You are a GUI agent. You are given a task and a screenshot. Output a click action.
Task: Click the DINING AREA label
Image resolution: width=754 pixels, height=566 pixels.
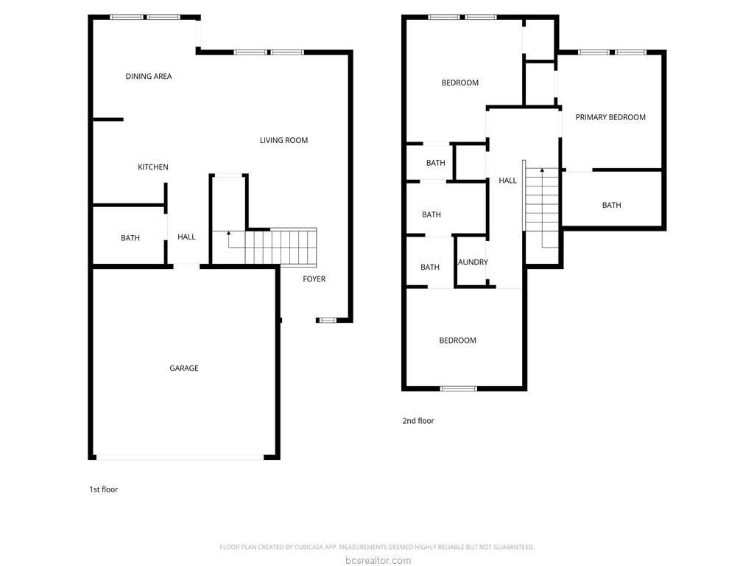click(149, 76)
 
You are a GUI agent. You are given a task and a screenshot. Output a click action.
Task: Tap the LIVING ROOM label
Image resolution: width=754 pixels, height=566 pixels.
click(283, 140)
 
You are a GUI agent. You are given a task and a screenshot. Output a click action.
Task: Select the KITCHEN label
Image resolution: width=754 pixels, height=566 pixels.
click(153, 167)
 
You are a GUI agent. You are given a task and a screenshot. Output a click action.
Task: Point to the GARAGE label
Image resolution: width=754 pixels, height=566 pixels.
click(183, 368)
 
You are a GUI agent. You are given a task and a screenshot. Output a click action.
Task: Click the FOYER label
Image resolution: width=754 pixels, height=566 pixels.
click(314, 279)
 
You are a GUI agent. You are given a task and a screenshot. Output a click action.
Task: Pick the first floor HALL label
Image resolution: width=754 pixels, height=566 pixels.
click(186, 237)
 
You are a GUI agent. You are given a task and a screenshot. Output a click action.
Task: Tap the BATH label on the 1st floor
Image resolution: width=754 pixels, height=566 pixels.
click(130, 238)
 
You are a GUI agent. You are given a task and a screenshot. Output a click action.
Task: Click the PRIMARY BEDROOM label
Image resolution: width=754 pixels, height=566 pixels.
click(610, 117)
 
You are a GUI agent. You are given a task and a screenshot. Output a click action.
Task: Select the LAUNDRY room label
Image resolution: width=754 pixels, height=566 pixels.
click(473, 262)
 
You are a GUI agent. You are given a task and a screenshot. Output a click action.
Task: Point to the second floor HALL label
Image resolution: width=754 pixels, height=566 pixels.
click(508, 181)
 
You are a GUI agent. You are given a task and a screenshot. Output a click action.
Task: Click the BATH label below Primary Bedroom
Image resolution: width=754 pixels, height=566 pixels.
click(612, 205)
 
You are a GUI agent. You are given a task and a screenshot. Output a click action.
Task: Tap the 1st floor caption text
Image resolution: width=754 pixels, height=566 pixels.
click(103, 489)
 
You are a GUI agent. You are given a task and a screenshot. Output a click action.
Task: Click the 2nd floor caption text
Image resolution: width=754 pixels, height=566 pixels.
click(418, 421)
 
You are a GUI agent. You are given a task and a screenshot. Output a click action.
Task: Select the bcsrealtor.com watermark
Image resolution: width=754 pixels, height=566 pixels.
click(378, 560)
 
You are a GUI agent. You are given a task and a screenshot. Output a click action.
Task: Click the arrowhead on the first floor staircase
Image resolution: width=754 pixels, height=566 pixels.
click(229, 233)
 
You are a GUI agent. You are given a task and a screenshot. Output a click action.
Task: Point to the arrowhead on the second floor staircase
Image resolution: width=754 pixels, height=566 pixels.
click(542, 170)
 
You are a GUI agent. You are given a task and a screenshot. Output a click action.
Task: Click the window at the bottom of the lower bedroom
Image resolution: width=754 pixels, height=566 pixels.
click(459, 388)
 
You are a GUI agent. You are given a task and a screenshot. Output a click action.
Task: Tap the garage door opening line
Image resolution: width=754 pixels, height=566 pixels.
click(180, 457)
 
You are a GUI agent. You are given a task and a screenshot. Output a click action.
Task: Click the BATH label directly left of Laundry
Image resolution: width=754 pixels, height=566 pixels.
click(430, 267)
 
